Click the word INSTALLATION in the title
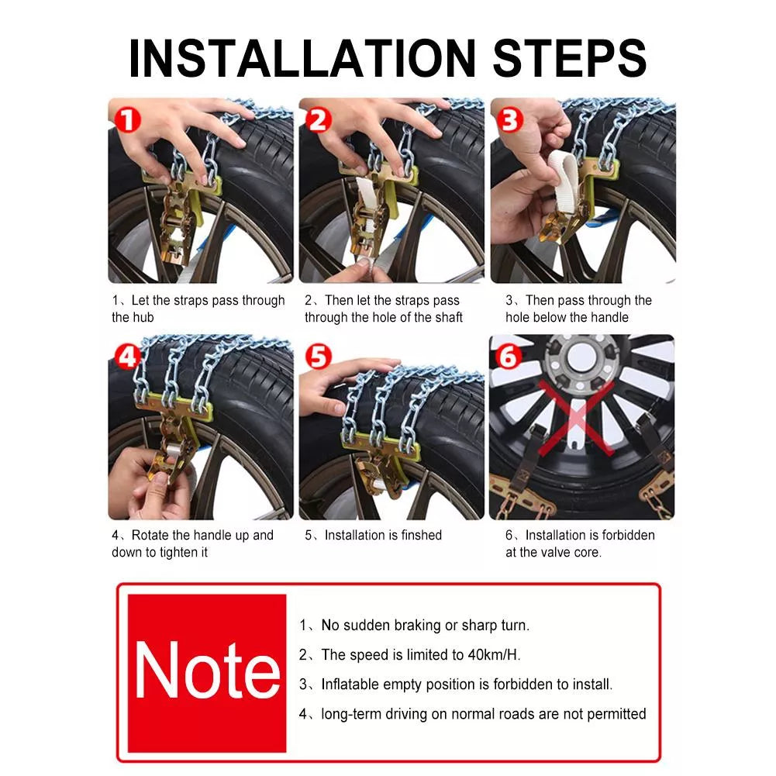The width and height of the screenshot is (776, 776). (x=302, y=58)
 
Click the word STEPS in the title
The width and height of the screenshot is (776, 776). (x=570, y=58)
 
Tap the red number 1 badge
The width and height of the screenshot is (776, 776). (x=127, y=120)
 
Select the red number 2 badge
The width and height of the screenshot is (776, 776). (x=318, y=120)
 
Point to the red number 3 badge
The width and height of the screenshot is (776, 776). (x=510, y=120)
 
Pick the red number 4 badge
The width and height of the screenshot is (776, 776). (x=127, y=357)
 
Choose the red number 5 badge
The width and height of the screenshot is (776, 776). (x=318, y=357)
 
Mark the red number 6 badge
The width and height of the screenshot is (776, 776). (x=509, y=357)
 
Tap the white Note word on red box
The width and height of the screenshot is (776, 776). (x=207, y=670)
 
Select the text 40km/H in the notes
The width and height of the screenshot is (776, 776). (x=494, y=655)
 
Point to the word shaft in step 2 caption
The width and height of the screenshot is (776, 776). (x=447, y=317)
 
